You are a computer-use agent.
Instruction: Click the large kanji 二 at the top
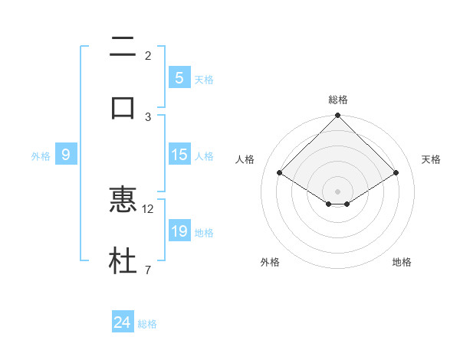(123, 47)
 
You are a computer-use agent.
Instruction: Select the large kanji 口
(123, 106)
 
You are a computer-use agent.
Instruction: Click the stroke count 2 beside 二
(148, 56)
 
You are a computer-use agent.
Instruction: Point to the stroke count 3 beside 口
(148, 116)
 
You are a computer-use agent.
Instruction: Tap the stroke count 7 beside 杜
(148, 270)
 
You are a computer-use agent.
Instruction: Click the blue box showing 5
(179, 78)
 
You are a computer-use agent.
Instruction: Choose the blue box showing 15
(179, 155)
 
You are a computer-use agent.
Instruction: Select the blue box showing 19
(179, 231)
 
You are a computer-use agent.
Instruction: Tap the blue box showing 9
(66, 155)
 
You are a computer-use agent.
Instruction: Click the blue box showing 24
(123, 323)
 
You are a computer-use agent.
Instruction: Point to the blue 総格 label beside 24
(147, 324)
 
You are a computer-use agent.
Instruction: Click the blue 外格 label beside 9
(41, 155)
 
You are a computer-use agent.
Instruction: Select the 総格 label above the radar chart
(338, 100)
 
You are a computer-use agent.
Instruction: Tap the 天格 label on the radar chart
(431, 159)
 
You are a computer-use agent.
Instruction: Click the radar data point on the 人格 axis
(280, 172)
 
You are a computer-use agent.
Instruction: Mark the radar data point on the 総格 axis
(338, 116)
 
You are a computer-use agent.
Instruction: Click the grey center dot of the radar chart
(338, 191)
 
